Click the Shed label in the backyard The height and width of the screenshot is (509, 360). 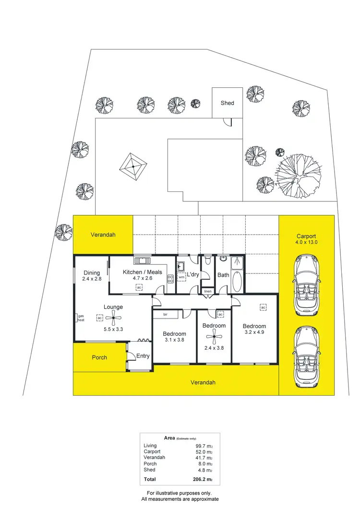228,103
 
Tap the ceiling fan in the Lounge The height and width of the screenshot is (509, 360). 113,316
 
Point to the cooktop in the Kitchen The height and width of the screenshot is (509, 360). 170,279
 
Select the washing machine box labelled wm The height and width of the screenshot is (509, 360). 181,277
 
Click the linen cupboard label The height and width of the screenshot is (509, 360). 207,291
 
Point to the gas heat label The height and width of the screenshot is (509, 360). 81,318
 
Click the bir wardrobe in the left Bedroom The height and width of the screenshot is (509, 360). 166,314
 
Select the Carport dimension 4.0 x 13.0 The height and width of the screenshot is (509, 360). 306,243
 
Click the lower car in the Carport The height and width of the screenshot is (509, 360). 306,355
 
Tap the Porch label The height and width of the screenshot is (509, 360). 99,357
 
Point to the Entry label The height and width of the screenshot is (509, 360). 143,356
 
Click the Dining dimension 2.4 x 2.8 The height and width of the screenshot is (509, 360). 92,279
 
